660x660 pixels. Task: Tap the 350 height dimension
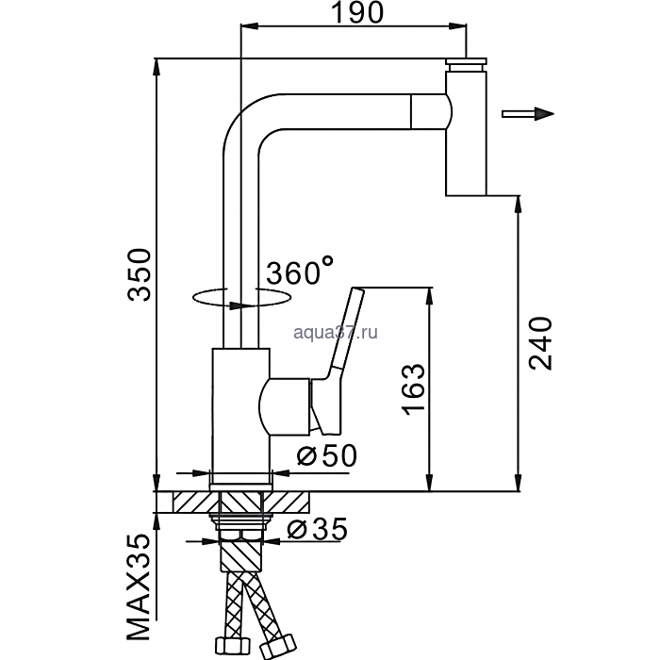[139, 274]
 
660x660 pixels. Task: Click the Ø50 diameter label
[325, 455]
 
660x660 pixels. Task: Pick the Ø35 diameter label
[311, 531]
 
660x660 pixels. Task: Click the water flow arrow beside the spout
[527, 114]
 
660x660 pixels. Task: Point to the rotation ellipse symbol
[240, 297]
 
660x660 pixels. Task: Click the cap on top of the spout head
[467, 65]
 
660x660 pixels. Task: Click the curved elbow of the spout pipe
[242, 120]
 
